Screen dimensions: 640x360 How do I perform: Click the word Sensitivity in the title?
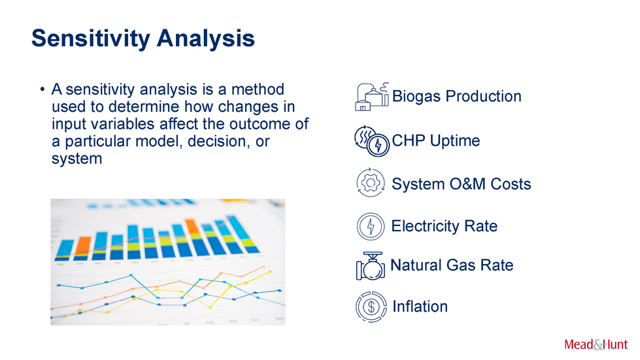pos(91,39)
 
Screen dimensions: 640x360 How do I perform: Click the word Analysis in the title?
pos(206,39)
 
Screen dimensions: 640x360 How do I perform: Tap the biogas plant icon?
pos(371,97)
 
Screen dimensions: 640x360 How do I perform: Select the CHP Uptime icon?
pos(371,141)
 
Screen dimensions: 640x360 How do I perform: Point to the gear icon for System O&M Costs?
pos(370,183)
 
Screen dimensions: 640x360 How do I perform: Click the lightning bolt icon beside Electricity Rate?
pos(371,226)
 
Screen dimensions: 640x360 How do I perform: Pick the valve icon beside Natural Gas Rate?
pos(370,266)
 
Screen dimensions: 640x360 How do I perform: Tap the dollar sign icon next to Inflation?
pos(371,306)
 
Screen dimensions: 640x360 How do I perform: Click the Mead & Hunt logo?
pos(596,344)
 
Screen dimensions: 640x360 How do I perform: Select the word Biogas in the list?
pos(416,97)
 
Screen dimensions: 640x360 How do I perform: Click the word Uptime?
pos(455,141)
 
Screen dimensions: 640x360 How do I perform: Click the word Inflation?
pos(420,306)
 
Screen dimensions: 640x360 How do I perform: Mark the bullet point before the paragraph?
pos(42,90)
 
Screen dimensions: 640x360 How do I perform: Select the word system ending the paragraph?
pos(76,159)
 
